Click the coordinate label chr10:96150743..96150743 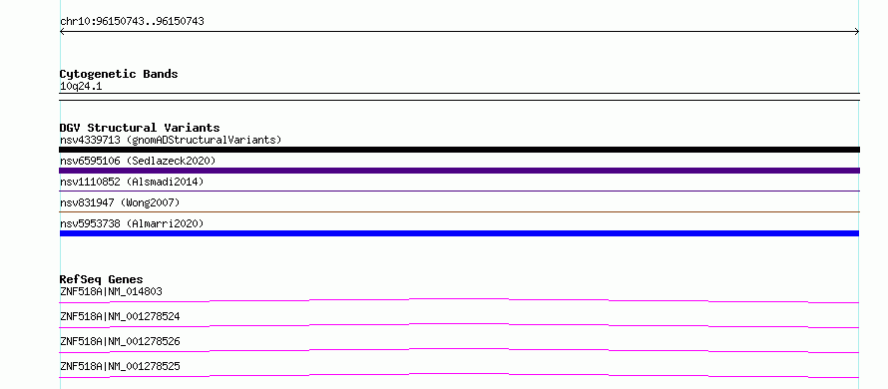pos(132,22)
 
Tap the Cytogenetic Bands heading pos(119,74)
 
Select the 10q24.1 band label pos(81,87)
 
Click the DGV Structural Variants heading pos(140,128)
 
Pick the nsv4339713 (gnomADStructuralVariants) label pos(171,140)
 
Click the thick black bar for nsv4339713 pos(459,150)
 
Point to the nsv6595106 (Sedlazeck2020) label pos(138,162)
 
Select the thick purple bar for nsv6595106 pos(459,171)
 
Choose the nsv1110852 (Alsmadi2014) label pos(132,183)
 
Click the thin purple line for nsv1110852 pos(459,191)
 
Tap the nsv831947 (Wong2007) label pos(120,202)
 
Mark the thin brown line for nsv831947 pos(459,211)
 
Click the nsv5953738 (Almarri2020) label pos(132,223)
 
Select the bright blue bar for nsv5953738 pos(459,233)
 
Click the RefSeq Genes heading pos(102,279)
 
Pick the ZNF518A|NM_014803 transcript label pos(111,292)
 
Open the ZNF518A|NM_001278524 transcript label pos(120,317)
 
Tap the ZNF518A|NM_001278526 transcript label pos(120,342)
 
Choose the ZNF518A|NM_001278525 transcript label pos(120,367)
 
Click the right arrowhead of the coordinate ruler pos(858,32)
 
